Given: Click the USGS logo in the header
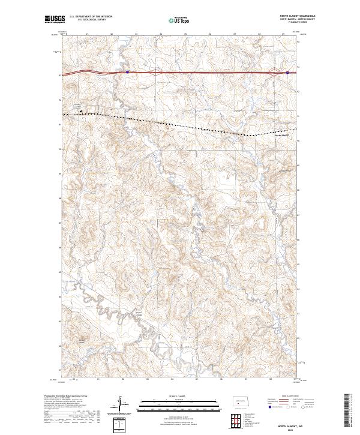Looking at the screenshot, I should click(53, 19).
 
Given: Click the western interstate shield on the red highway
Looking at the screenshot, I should click(127, 71).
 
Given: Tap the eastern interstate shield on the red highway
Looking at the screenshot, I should click(287, 73).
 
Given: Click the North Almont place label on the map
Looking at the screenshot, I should click(281, 136).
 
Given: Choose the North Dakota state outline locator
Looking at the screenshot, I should click(244, 401).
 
